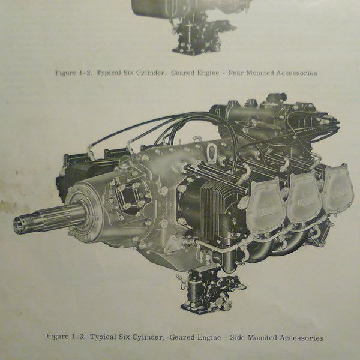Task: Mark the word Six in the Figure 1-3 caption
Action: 129,337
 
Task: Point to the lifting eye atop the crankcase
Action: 211,153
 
